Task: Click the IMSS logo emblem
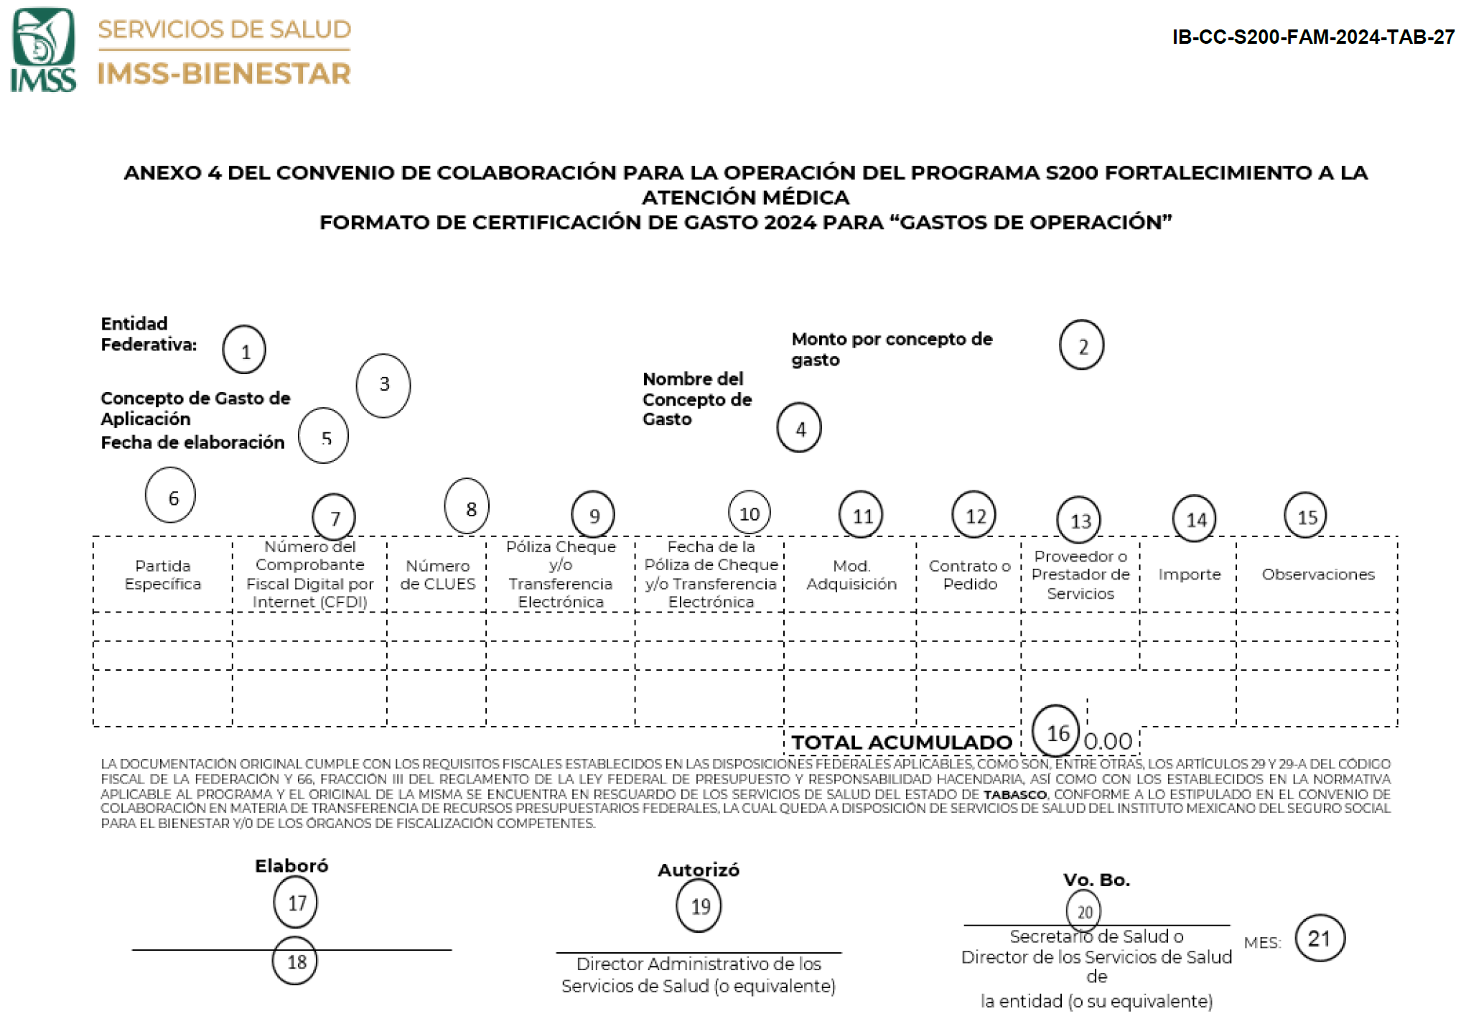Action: pyautogui.click(x=43, y=49)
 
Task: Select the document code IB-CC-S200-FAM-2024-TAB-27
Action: pyautogui.click(x=1312, y=37)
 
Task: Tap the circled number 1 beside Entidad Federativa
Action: pyautogui.click(x=244, y=350)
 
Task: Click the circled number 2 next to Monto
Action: pyautogui.click(x=1081, y=345)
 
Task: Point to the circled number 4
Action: pyautogui.click(x=799, y=428)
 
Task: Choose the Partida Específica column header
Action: pyautogui.click(x=163, y=574)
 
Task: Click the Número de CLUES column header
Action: pyautogui.click(x=437, y=574)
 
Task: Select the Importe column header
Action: pyautogui.click(x=1189, y=574)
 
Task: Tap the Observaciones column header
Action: pyautogui.click(x=1318, y=574)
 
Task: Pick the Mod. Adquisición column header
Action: pyautogui.click(x=851, y=574)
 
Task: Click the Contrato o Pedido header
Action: pyautogui.click(x=970, y=574)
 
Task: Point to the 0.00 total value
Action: pyautogui.click(x=1108, y=741)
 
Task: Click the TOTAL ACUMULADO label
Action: pyautogui.click(x=901, y=743)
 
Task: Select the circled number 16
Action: pyautogui.click(x=1055, y=731)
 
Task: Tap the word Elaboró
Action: pyautogui.click(x=291, y=866)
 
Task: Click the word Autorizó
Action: pyautogui.click(x=699, y=870)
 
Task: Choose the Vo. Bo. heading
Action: pyautogui.click(x=1096, y=880)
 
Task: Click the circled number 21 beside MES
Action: pyautogui.click(x=1320, y=939)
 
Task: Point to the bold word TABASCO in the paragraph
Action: pyautogui.click(x=1014, y=795)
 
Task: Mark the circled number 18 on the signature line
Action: pyautogui.click(x=295, y=961)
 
